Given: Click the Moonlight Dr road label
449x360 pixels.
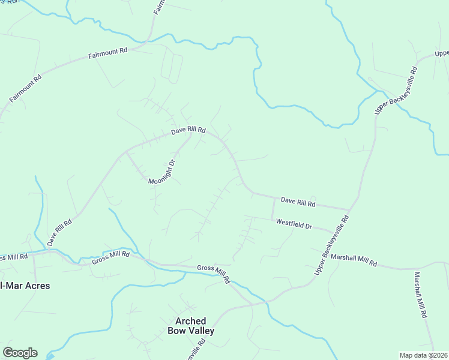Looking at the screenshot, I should [163, 172].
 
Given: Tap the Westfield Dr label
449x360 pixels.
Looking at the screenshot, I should [294, 224].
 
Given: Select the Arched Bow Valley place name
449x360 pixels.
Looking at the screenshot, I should [191, 326].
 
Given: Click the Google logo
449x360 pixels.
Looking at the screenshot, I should [20, 353].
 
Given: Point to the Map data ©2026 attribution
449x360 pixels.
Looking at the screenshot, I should [423, 355].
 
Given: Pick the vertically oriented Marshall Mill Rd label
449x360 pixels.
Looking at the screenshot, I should [420, 295].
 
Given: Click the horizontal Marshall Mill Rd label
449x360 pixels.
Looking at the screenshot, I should [354, 260].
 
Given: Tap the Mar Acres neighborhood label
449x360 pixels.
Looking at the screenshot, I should [25, 285].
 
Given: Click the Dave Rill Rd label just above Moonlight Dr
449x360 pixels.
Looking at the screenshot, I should [188, 130].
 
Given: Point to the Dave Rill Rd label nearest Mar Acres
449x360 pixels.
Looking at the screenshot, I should [59, 232].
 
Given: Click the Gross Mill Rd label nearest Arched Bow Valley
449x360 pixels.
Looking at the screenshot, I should [214, 273].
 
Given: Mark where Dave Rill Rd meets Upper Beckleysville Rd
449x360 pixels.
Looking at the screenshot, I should [349, 210].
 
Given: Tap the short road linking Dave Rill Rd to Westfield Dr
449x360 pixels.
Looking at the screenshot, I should [273, 208].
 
